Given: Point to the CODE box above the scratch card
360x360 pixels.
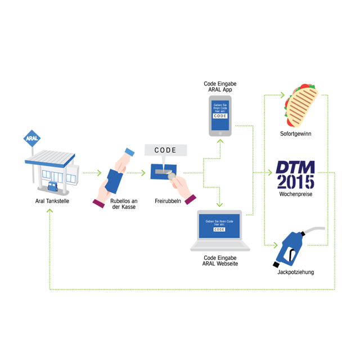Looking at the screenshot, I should click(x=165, y=150).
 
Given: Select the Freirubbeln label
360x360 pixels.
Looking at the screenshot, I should click(x=168, y=201).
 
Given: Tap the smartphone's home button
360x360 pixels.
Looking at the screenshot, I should click(x=222, y=133).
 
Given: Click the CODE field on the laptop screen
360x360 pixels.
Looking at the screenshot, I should click(x=219, y=229).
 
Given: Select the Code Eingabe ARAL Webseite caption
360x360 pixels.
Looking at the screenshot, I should click(x=220, y=260).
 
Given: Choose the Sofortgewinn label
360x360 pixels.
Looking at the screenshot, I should click(x=296, y=134).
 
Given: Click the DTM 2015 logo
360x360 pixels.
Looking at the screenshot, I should click(x=296, y=174).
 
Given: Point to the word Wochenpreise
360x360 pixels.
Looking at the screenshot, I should click(x=296, y=194).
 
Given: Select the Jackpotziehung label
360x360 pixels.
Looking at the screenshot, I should click(x=296, y=273).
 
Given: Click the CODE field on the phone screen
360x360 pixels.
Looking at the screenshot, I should click(x=222, y=116).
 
